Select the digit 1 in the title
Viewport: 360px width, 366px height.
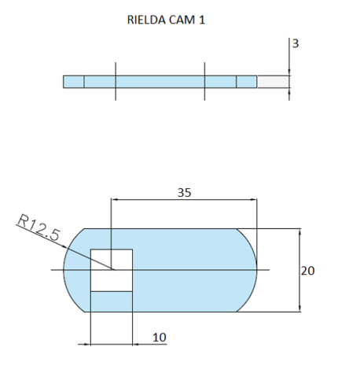coord(203,20)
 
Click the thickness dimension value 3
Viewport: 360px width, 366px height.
coord(295,44)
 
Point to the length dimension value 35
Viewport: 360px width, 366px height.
coord(186,191)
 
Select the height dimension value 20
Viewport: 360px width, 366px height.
coord(308,270)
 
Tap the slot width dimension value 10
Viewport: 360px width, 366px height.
coord(159,337)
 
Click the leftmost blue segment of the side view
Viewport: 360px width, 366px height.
coord(73,81)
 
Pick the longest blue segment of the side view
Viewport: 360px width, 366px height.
coord(160,81)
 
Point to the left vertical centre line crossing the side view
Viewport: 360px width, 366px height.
coord(116,80)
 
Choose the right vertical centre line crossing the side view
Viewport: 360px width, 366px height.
coord(204,80)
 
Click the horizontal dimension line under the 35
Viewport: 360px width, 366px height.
coord(186,201)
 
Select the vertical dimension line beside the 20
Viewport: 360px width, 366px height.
coord(300,270)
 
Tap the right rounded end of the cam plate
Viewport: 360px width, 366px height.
coord(248,270)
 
